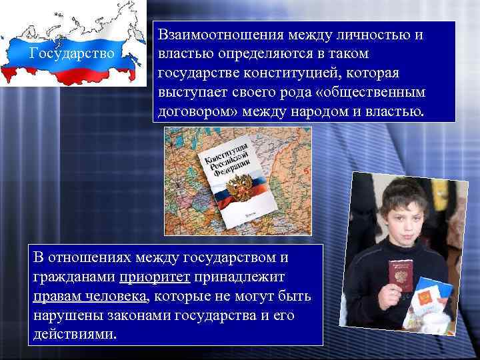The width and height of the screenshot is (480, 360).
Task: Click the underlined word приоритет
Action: tap(155, 277)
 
